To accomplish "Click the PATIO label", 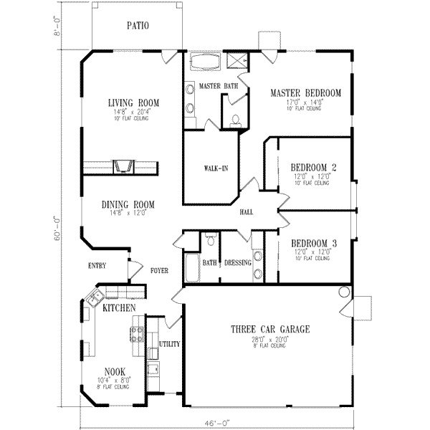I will point(138,25).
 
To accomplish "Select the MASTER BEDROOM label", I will point(305,92).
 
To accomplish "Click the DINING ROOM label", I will point(128,204).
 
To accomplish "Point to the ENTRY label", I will point(97,266).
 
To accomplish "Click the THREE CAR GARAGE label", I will point(269,330).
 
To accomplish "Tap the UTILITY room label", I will point(170,344).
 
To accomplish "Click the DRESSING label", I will point(237,263).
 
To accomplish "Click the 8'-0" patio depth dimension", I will point(57,27).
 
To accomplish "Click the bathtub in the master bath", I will point(206,70).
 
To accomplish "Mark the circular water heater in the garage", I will point(344,292).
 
